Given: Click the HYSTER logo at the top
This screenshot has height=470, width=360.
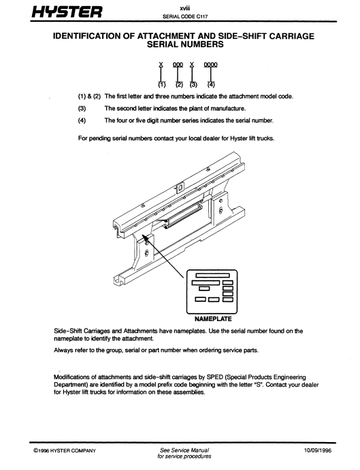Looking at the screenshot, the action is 67,12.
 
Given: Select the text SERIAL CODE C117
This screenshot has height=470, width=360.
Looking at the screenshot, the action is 185,16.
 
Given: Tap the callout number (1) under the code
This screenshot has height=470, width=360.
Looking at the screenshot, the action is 162,84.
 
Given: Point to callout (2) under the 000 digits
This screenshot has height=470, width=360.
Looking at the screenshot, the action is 179,84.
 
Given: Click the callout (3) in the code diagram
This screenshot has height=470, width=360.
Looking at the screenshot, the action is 193,84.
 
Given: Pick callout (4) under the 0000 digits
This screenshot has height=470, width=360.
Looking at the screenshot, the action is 211,84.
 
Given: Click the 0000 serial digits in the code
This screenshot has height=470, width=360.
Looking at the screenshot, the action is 210,65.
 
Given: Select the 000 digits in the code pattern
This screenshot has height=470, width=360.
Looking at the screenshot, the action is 178,65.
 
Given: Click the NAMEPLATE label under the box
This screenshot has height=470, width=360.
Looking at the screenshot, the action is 213,319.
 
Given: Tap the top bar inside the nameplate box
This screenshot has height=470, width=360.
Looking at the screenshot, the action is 213,275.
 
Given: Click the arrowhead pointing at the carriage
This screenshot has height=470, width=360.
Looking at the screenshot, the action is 145,237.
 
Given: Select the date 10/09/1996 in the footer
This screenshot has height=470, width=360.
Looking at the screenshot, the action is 317,450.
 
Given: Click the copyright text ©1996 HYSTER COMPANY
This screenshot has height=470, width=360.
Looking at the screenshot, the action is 65,450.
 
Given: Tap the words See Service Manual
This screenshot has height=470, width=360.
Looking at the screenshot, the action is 184,450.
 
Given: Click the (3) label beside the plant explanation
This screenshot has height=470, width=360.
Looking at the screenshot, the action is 82,109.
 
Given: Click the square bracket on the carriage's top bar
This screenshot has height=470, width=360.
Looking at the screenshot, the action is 180,187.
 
